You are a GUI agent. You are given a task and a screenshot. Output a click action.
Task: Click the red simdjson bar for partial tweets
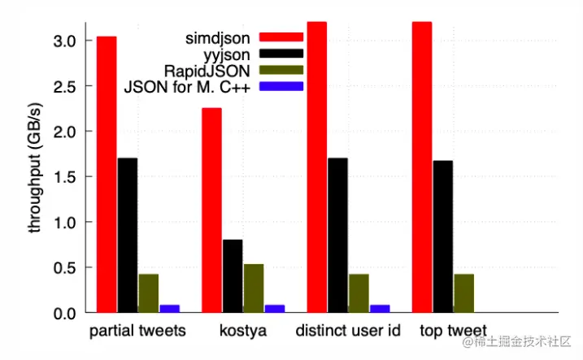(x=106, y=174)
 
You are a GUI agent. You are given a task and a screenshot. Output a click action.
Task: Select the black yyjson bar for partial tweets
(x=127, y=235)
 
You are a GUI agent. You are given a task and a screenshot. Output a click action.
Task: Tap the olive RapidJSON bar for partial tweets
(x=148, y=293)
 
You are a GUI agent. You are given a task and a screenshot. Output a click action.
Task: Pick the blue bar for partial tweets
(x=169, y=309)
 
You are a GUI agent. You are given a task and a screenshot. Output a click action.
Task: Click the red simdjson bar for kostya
(x=211, y=210)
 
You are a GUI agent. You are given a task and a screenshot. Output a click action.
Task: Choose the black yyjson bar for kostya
(x=233, y=276)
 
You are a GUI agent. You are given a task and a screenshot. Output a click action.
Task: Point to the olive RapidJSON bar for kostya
(x=254, y=288)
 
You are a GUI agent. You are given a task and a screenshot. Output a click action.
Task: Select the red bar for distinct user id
(x=317, y=167)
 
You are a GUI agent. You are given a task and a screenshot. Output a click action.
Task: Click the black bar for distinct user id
(x=337, y=235)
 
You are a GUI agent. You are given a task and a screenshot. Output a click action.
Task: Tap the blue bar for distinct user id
(x=380, y=309)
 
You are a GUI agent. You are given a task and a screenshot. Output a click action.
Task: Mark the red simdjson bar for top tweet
(x=422, y=167)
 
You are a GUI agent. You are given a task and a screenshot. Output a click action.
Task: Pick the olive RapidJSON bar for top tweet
(x=463, y=293)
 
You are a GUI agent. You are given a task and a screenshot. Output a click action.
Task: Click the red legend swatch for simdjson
(x=281, y=37)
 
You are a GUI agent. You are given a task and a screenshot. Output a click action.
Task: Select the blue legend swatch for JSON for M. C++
(x=281, y=86)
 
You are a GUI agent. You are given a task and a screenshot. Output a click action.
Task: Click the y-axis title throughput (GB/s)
(x=36, y=168)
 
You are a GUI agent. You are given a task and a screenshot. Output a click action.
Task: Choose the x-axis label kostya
(x=243, y=332)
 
